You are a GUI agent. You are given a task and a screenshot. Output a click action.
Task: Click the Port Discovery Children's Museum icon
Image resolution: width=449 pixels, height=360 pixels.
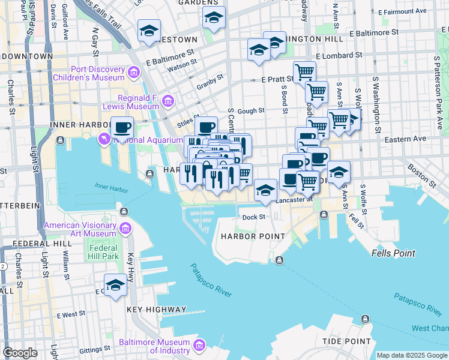click(134, 73)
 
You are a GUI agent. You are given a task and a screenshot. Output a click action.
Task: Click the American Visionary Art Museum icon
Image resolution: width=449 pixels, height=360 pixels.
click(125, 229)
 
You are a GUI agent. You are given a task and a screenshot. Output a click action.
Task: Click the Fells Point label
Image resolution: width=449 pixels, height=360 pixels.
click(393, 253)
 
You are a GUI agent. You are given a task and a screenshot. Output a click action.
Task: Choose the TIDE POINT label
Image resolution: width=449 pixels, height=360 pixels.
click(346, 341)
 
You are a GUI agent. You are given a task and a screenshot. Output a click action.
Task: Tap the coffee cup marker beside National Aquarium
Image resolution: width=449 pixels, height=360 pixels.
click(122, 127)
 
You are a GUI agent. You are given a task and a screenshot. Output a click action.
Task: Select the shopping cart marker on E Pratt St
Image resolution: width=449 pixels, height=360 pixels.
click(304, 72)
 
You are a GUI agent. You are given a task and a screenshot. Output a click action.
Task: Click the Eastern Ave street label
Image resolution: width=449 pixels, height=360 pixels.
click(406, 139)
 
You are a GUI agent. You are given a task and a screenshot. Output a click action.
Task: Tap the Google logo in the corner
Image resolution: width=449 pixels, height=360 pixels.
click(20, 352)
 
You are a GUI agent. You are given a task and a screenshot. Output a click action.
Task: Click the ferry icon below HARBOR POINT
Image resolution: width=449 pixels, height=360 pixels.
click(280, 260)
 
